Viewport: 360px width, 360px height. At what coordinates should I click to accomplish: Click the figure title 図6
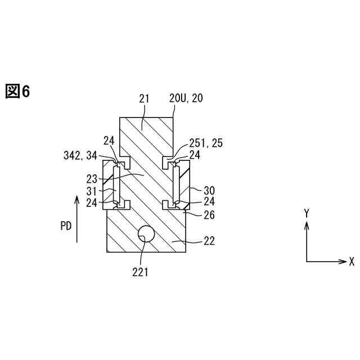(17, 91)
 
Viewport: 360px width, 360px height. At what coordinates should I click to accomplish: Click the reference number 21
(144, 98)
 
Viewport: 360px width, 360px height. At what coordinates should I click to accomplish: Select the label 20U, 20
(186, 98)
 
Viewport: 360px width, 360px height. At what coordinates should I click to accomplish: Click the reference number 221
(140, 273)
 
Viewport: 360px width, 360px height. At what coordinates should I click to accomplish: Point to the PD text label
(66, 226)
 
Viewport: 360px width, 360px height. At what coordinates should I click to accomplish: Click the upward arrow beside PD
(76, 219)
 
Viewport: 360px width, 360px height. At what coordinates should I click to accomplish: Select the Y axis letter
(307, 213)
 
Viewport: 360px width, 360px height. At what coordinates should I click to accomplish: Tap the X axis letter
(352, 262)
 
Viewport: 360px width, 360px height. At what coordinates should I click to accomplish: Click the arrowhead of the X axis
(344, 262)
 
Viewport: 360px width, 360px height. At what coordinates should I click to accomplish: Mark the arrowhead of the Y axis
(307, 224)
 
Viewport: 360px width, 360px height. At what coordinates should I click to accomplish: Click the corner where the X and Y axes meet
(307, 262)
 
